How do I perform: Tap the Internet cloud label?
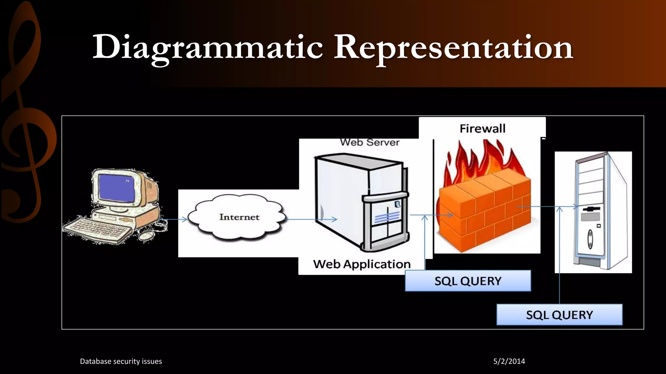pyautogui.click(x=239, y=217)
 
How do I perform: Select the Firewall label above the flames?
pyautogui.click(x=482, y=129)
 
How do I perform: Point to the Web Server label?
pyautogui.click(x=370, y=143)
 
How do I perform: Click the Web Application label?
pyautogui.click(x=362, y=264)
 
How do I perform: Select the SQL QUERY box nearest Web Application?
pyautogui.click(x=468, y=281)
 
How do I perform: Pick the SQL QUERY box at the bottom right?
pyautogui.click(x=559, y=315)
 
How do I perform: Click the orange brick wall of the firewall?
pyautogui.click(x=485, y=214)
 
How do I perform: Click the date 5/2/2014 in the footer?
pyautogui.click(x=509, y=361)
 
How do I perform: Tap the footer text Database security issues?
pyautogui.click(x=121, y=361)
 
